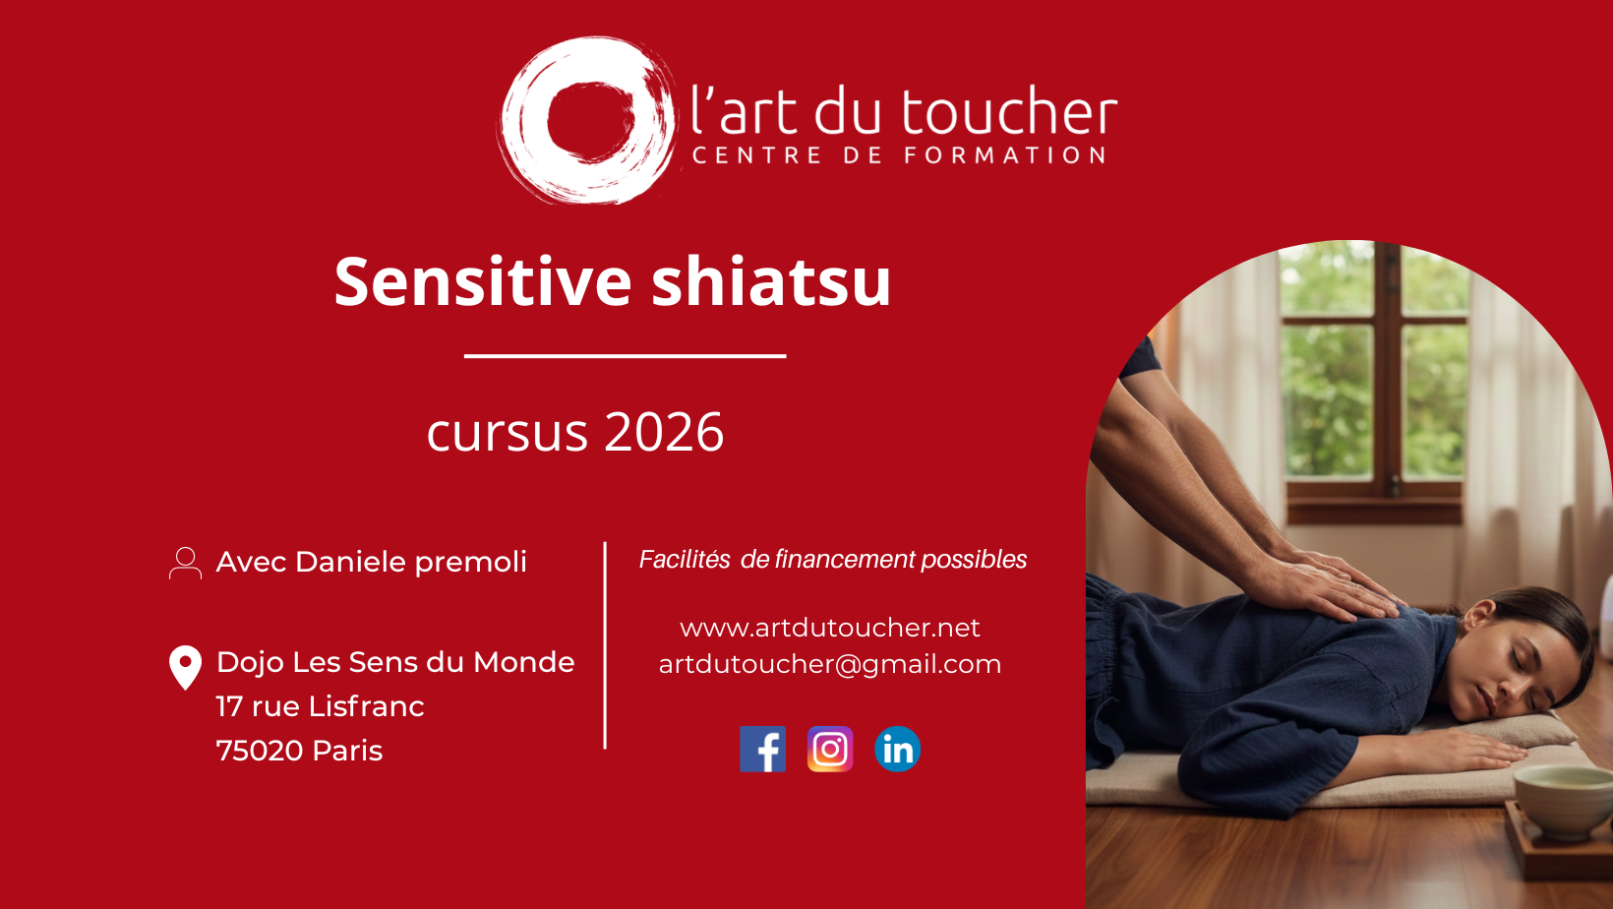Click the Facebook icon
[x=762, y=749]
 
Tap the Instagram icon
[x=830, y=749]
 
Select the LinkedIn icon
[x=897, y=749]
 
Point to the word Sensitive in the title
[x=483, y=281]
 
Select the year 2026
[x=664, y=432]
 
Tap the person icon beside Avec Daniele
[x=185, y=563]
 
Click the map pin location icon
[x=185, y=668]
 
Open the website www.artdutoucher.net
[x=829, y=628]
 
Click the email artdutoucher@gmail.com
[x=829, y=664]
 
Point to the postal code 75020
[x=260, y=751]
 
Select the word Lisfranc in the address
[x=367, y=706]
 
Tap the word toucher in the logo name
[x=1009, y=110]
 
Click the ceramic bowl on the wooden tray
[x=1563, y=801]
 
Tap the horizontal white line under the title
[x=626, y=356]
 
